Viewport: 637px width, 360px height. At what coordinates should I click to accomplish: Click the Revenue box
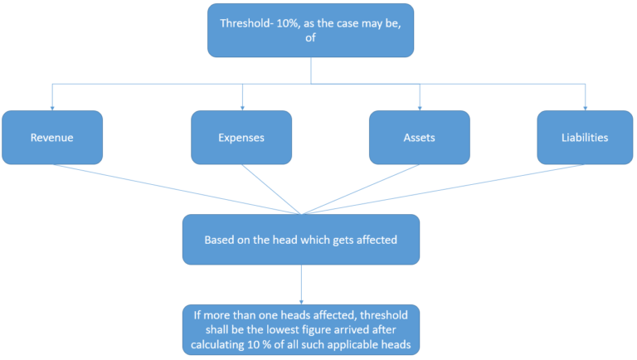click(52, 138)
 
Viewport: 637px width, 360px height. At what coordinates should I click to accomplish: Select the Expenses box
click(241, 138)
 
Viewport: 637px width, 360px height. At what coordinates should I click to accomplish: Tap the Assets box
click(419, 138)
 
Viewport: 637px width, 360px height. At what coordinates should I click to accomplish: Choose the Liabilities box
click(586, 138)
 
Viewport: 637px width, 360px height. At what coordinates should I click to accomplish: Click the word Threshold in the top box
click(247, 23)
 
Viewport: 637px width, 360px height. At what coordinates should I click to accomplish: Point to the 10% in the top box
click(290, 23)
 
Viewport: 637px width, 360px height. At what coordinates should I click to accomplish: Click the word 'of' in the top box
click(310, 39)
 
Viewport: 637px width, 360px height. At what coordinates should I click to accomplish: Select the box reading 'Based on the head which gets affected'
click(300, 240)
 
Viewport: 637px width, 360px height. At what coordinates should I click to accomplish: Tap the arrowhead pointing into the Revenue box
click(52, 108)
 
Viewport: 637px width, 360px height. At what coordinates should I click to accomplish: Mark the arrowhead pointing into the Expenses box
click(242, 108)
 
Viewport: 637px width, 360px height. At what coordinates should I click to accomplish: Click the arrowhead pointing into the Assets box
click(420, 108)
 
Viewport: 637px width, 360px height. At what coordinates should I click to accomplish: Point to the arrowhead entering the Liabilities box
click(586, 108)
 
